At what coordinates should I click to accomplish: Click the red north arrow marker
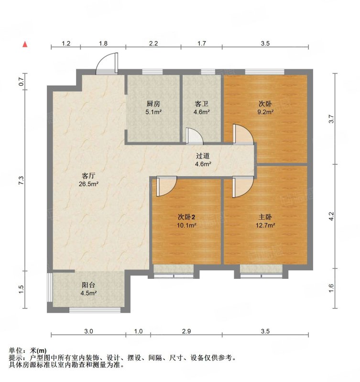25,44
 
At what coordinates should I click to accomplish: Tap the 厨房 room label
153,104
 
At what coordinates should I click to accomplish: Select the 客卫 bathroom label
201,104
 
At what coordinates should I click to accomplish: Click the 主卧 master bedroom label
265,217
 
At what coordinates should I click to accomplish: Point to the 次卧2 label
186,217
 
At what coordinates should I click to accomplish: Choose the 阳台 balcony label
88,285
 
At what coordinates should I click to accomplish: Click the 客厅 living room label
88,176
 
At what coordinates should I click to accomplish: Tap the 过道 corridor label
203,156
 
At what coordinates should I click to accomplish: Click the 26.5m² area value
88,184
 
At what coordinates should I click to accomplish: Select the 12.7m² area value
265,225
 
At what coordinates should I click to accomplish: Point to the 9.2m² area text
266,112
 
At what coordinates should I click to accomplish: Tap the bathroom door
195,136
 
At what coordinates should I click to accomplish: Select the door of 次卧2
166,186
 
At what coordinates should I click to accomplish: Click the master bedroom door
243,187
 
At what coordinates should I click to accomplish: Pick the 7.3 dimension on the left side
22,180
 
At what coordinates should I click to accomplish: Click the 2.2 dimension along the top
153,43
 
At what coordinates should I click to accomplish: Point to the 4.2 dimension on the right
331,216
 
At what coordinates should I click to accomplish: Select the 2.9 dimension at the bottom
186,331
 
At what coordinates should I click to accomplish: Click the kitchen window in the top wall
153,72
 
